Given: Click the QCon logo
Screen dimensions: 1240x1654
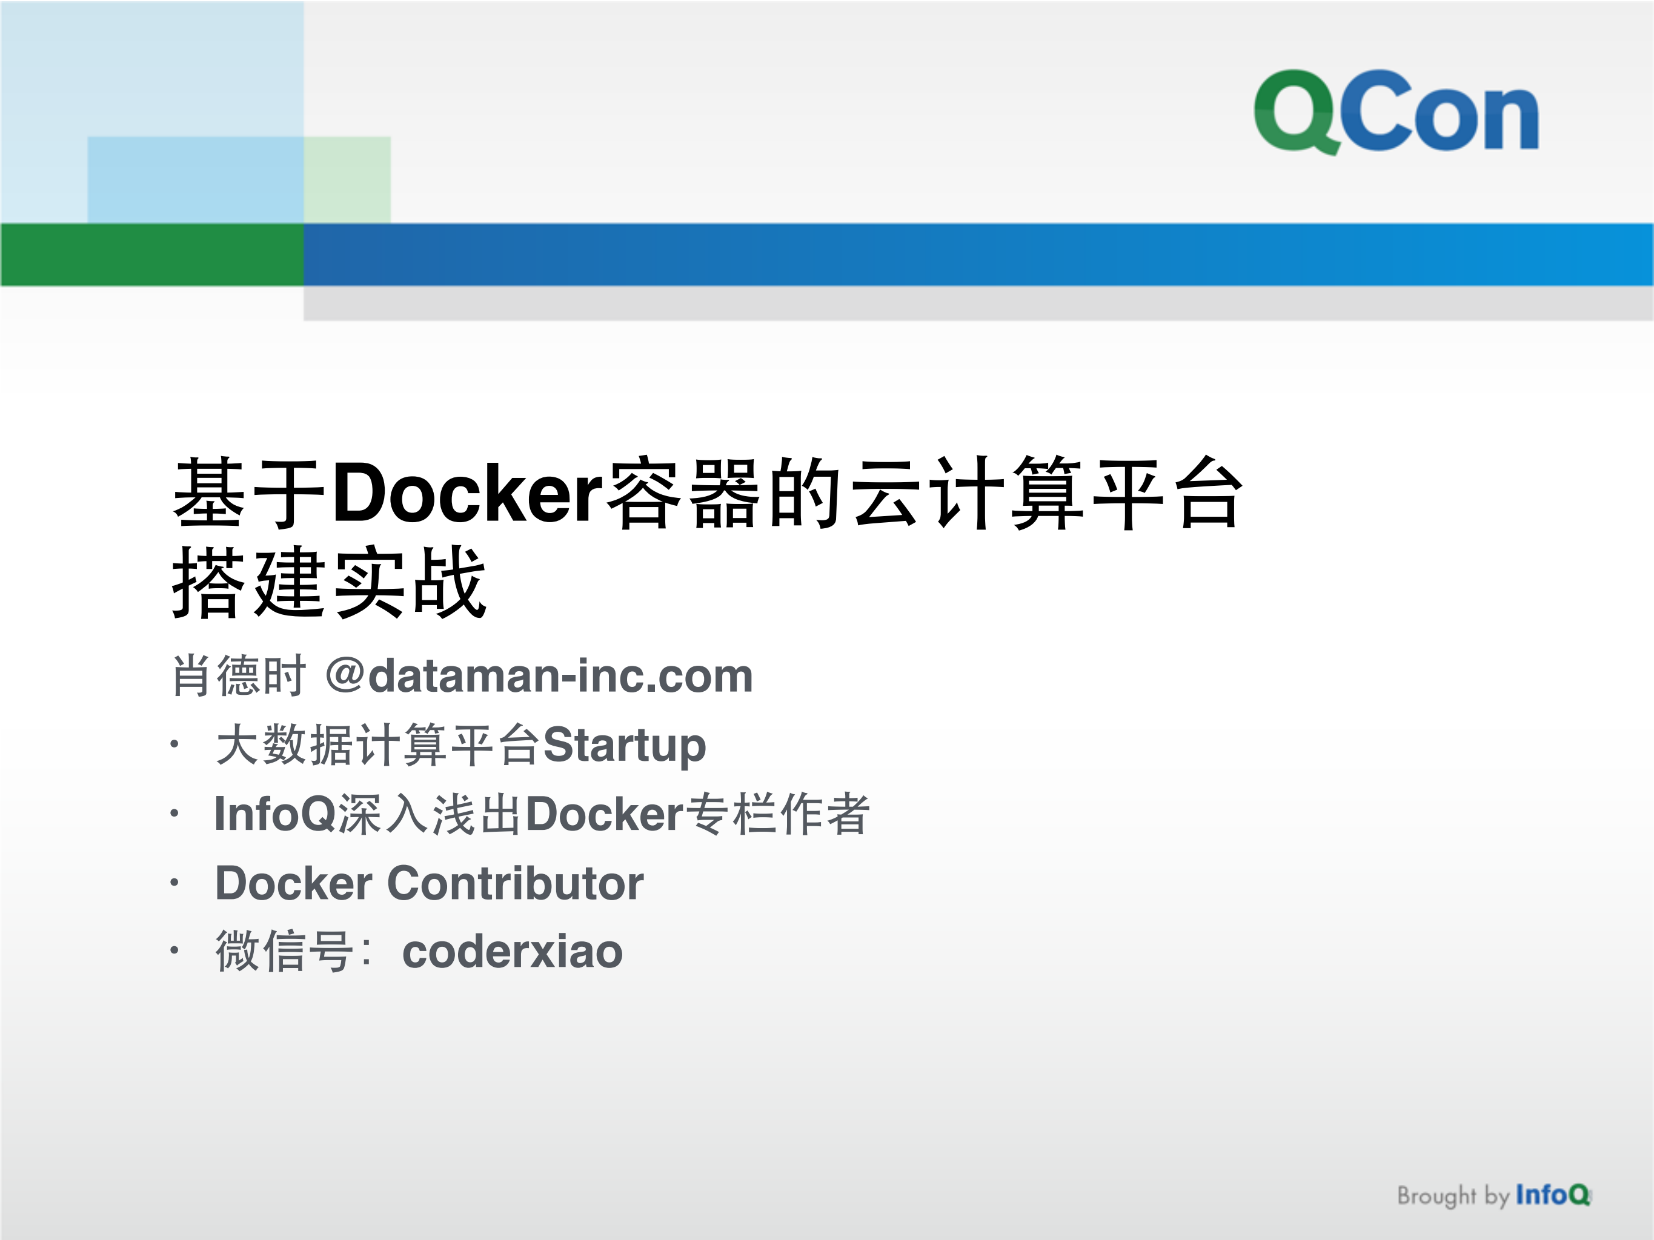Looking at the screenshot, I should (1395, 112).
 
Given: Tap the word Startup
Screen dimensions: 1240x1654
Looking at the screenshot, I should (625, 745).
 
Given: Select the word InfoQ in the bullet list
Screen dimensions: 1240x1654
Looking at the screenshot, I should (275, 814).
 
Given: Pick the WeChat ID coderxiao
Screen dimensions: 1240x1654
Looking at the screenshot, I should (512, 952).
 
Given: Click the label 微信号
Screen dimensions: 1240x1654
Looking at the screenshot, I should (284, 952).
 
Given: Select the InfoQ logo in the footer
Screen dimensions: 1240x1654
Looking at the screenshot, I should (1552, 1195).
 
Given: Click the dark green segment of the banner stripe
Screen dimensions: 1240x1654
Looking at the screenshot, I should (152, 254).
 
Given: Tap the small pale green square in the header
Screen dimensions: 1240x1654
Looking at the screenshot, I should (348, 179).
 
